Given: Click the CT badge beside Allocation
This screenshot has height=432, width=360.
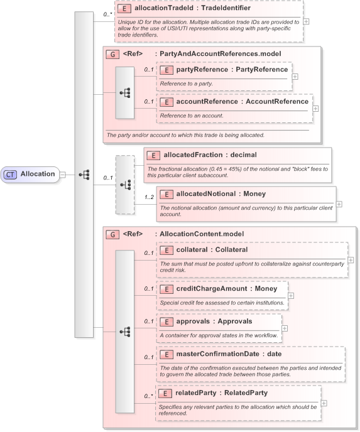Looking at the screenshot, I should [10, 174].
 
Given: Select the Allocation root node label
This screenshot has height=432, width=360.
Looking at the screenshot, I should [37, 174].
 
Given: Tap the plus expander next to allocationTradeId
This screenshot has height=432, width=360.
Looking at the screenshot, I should [306, 21].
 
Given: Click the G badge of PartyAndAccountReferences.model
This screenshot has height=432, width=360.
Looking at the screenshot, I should [112, 54].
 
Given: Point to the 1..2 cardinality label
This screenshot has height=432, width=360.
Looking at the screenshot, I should [148, 197].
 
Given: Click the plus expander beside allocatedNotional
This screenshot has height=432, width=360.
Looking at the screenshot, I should [339, 203].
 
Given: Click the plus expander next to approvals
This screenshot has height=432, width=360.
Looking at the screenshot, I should [285, 328].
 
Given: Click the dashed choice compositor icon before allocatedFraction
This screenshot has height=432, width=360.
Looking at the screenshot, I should [125, 185].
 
